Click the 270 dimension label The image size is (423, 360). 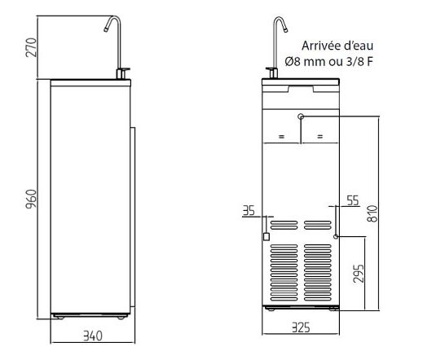point(31,47)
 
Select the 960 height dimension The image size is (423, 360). point(31,199)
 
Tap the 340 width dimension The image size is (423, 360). point(93,336)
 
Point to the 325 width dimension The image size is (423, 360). point(301,327)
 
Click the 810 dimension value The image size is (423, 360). point(372,213)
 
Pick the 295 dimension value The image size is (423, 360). point(359,274)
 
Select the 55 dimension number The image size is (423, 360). point(353,200)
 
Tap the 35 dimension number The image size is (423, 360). point(249,211)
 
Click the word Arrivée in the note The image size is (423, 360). point(319,46)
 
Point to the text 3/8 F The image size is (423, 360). point(359,62)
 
